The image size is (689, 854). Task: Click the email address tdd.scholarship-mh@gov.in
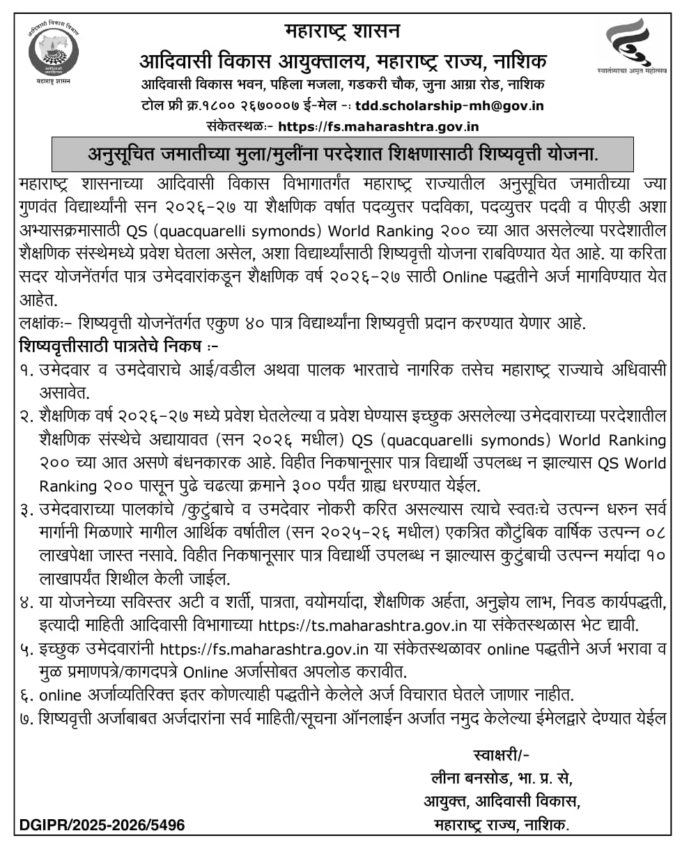pos(449,107)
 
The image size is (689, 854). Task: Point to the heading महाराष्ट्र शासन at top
pos(343,31)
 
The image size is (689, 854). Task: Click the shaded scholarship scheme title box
pos(343,153)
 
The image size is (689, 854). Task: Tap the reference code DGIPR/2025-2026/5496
pos(98,825)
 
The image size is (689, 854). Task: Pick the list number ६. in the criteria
pos(27,694)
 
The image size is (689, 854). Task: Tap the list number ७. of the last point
pos(27,718)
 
